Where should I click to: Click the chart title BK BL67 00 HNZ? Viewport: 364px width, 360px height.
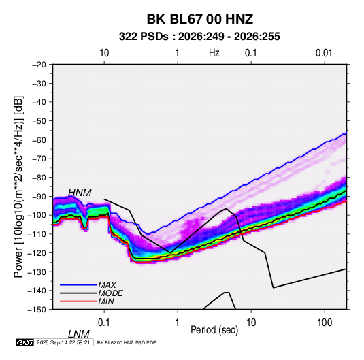tap(199, 19)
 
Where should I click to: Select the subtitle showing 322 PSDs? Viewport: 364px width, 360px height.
tap(199, 37)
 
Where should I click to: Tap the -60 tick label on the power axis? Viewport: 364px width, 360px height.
tap(39, 140)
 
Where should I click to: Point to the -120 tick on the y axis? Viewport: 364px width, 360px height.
tap(37, 253)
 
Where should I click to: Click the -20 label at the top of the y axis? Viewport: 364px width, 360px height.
tap(39, 65)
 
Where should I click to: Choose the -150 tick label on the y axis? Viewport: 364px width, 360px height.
tap(37, 310)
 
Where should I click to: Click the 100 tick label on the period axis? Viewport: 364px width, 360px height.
tap(324, 323)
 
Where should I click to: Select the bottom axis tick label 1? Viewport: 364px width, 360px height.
tap(177, 323)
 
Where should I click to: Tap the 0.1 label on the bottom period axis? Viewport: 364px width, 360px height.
tap(103, 323)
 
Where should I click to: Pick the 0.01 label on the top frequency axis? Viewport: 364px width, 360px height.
tap(324, 53)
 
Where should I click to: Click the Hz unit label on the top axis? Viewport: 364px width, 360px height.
tap(214, 53)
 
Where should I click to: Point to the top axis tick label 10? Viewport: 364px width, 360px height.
tap(104, 53)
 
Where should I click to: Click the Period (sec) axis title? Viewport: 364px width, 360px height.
tap(214, 330)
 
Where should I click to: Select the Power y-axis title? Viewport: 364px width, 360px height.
tap(18, 187)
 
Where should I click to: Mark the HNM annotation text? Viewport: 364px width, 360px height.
tap(80, 193)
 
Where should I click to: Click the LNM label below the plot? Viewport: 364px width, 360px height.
tap(79, 334)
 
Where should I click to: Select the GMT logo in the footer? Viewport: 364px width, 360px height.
tap(25, 342)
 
